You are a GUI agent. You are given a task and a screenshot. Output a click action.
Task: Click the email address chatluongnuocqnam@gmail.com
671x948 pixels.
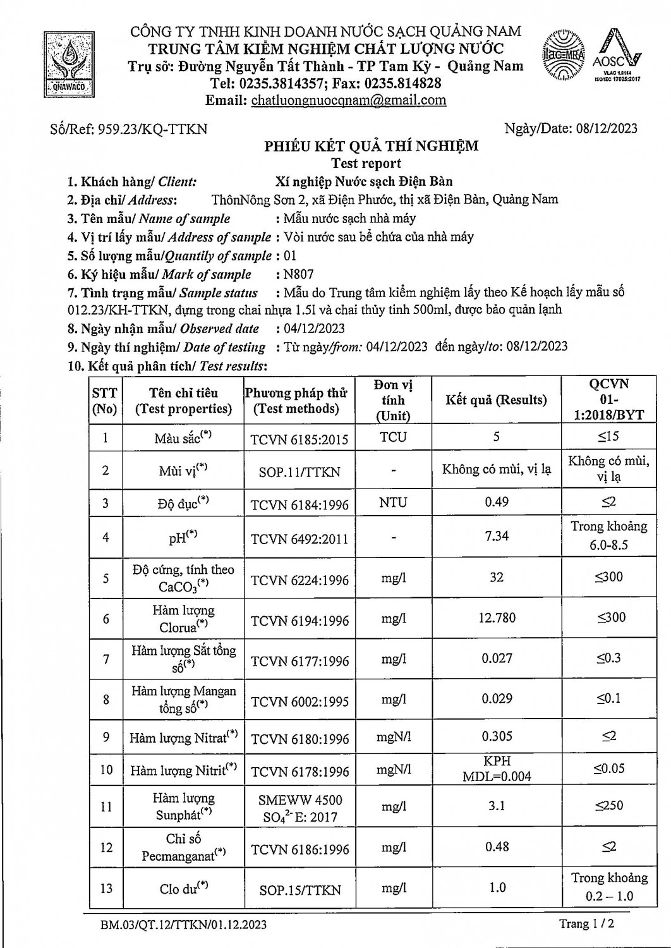[x=348, y=100]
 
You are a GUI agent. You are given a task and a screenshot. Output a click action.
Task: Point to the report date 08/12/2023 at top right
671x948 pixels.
[x=607, y=129]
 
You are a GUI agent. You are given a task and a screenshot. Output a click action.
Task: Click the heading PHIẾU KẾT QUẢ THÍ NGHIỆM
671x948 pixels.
[x=371, y=147]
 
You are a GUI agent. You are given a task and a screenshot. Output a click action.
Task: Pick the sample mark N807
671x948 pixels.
[x=298, y=274]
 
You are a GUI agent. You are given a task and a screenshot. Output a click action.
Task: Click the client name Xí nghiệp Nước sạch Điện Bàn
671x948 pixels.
[x=364, y=182]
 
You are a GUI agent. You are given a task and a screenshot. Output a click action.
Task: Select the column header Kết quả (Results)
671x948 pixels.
[x=496, y=400]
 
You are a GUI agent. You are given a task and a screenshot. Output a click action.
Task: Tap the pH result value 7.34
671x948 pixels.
[x=497, y=536]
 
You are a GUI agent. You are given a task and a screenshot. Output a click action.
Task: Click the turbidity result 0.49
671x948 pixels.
[x=497, y=502]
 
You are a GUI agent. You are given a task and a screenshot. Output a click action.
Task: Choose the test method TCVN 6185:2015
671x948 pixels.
[x=299, y=439]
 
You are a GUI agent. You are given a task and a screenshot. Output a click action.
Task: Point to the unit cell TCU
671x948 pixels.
[x=393, y=437]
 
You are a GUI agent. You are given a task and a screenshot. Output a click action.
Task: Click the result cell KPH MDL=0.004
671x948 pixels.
[x=497, y=769]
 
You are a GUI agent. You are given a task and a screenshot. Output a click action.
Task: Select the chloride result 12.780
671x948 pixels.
[x=497, y=617]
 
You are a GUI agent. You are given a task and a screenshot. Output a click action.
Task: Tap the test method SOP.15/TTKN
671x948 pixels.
[x=299, y=890]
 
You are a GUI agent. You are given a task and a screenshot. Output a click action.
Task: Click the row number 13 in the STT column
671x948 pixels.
[x=105, y=888]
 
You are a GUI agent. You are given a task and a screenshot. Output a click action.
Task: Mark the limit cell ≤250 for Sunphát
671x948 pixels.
[x=608, y=806]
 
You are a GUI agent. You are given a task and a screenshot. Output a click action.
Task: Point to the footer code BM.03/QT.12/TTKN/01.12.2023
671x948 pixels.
[x=183, y=925]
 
